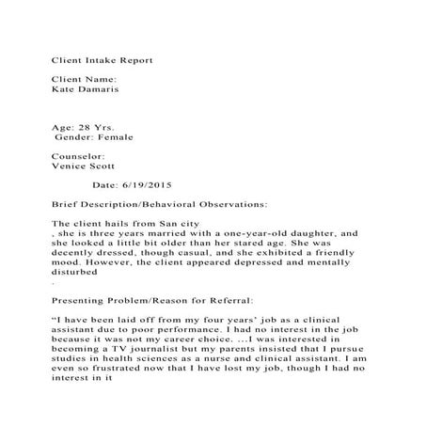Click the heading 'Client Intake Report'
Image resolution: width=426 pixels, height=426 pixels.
pyautogui.click(x=102, y=59)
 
